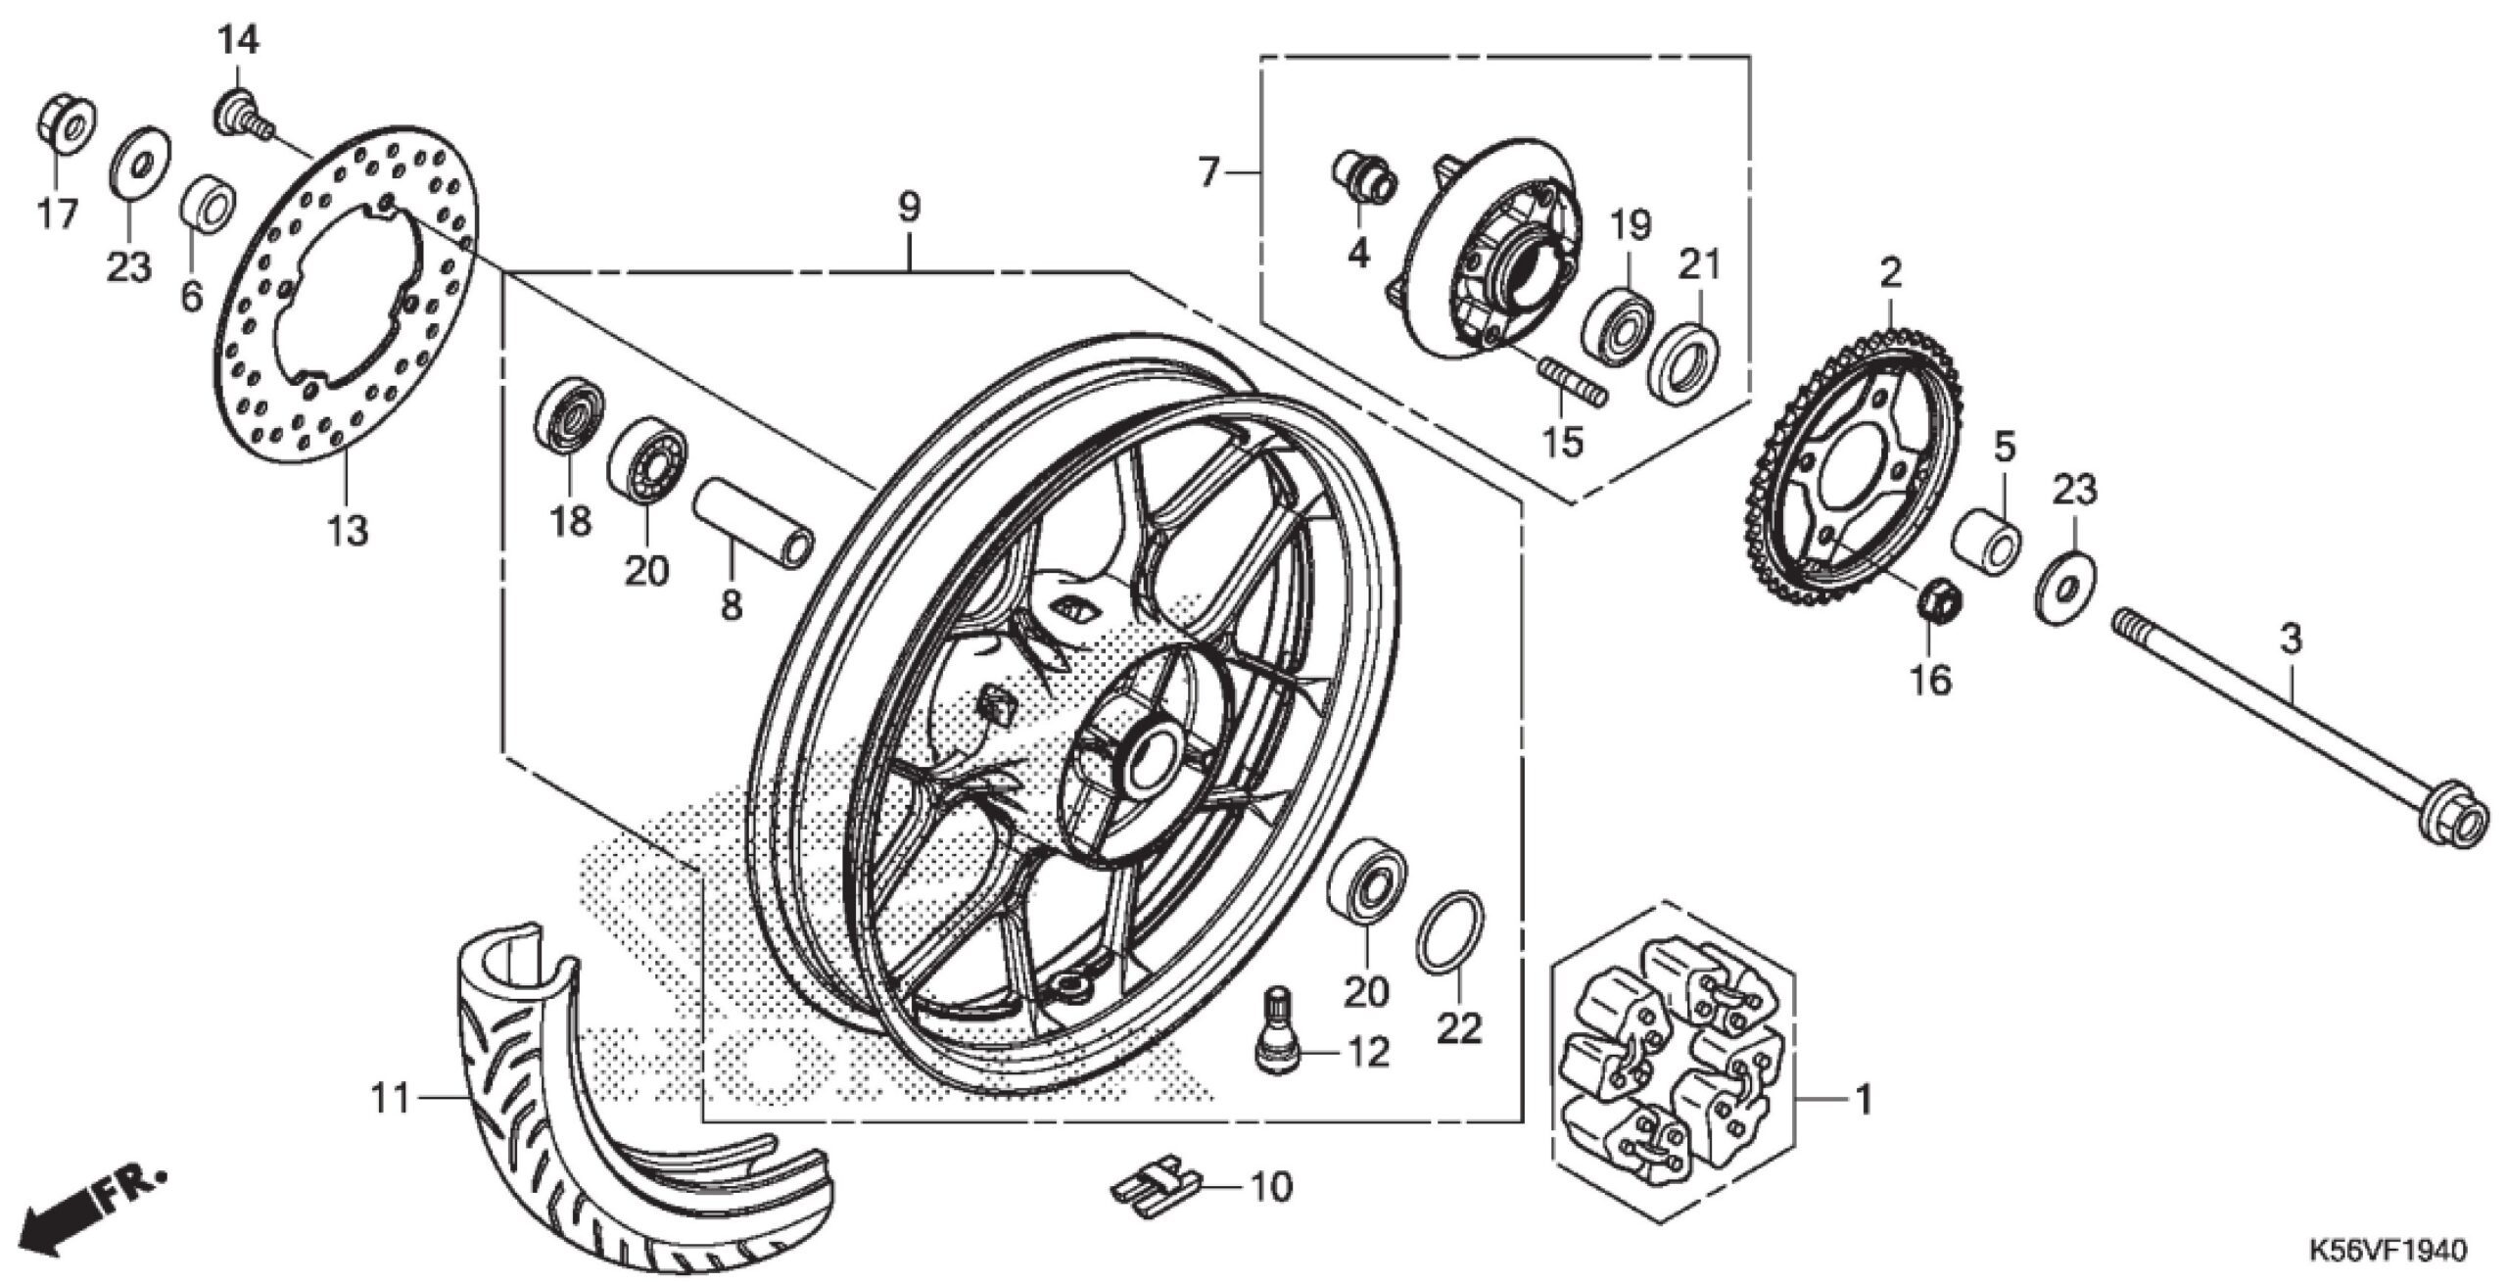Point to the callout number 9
(909, 208)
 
